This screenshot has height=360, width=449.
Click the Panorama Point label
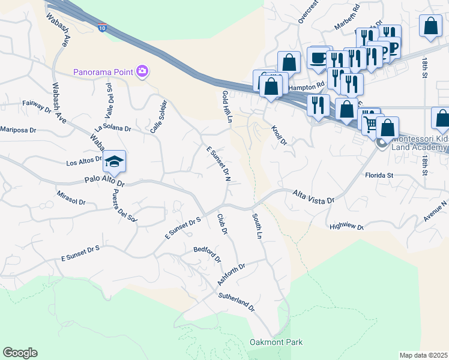click(103, 72)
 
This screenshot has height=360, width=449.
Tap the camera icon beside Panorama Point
click(142, 72)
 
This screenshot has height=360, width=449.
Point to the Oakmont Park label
click(276, 343)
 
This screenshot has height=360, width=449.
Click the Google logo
click(20, 353)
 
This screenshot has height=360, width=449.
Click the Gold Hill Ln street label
click(227, 107)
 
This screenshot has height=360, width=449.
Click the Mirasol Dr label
click(71, 200)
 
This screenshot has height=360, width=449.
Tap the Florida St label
click(378, 175)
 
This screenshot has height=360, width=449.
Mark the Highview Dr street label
click(346, 227)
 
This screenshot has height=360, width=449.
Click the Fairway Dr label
click(37, 107)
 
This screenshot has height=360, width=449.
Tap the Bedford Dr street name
click(207, 254)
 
